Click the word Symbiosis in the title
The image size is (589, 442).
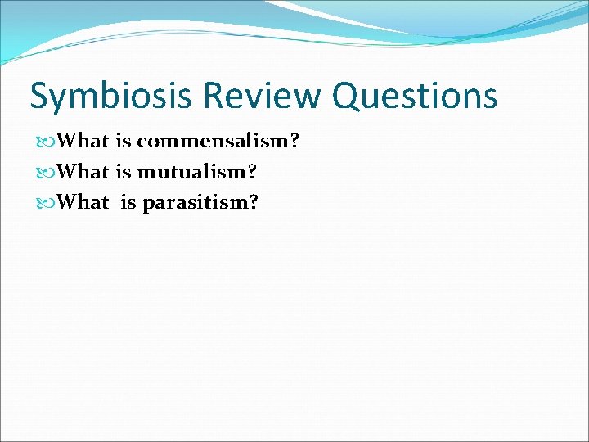[110, 97]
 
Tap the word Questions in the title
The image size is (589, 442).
[415, 97]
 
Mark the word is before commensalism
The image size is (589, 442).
[124, 142]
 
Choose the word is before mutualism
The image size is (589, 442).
[124, 172]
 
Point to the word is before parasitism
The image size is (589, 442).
[129, 202]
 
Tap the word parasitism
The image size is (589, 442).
[195, 202]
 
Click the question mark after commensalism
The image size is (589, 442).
[294, 142]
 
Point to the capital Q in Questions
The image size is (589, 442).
[346, 97]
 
